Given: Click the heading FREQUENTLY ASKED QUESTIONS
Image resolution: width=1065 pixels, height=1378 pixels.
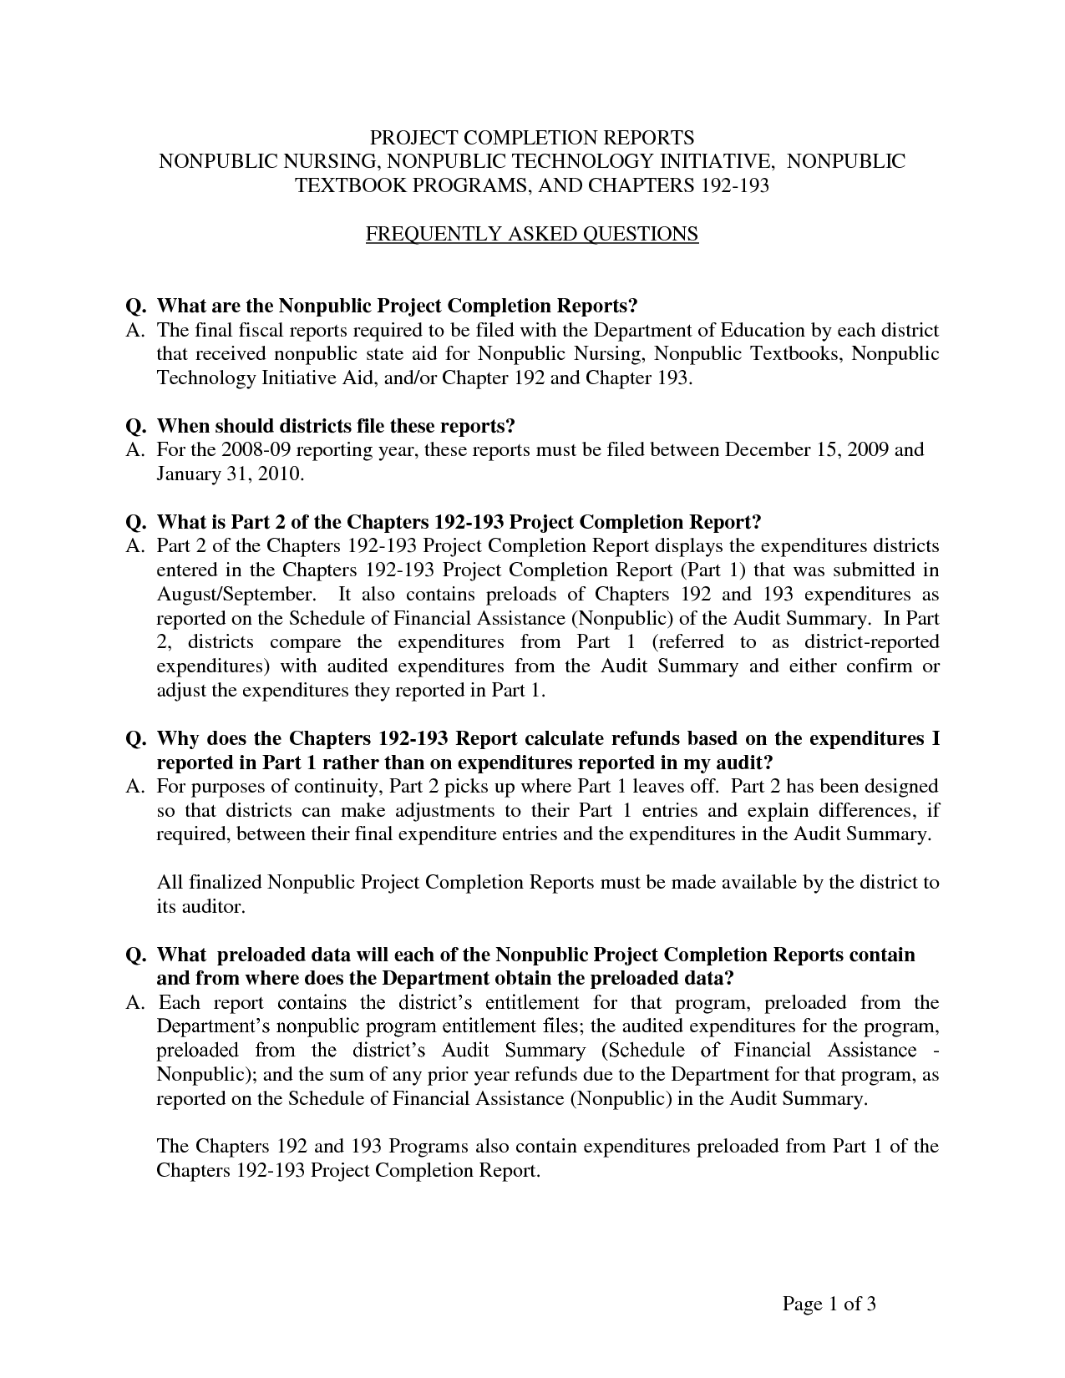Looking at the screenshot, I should click(532, 234).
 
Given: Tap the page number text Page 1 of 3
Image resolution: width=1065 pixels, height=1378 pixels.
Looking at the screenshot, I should click(829, 1304).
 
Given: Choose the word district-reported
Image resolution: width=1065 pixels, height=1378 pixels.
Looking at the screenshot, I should click(871, 643).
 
